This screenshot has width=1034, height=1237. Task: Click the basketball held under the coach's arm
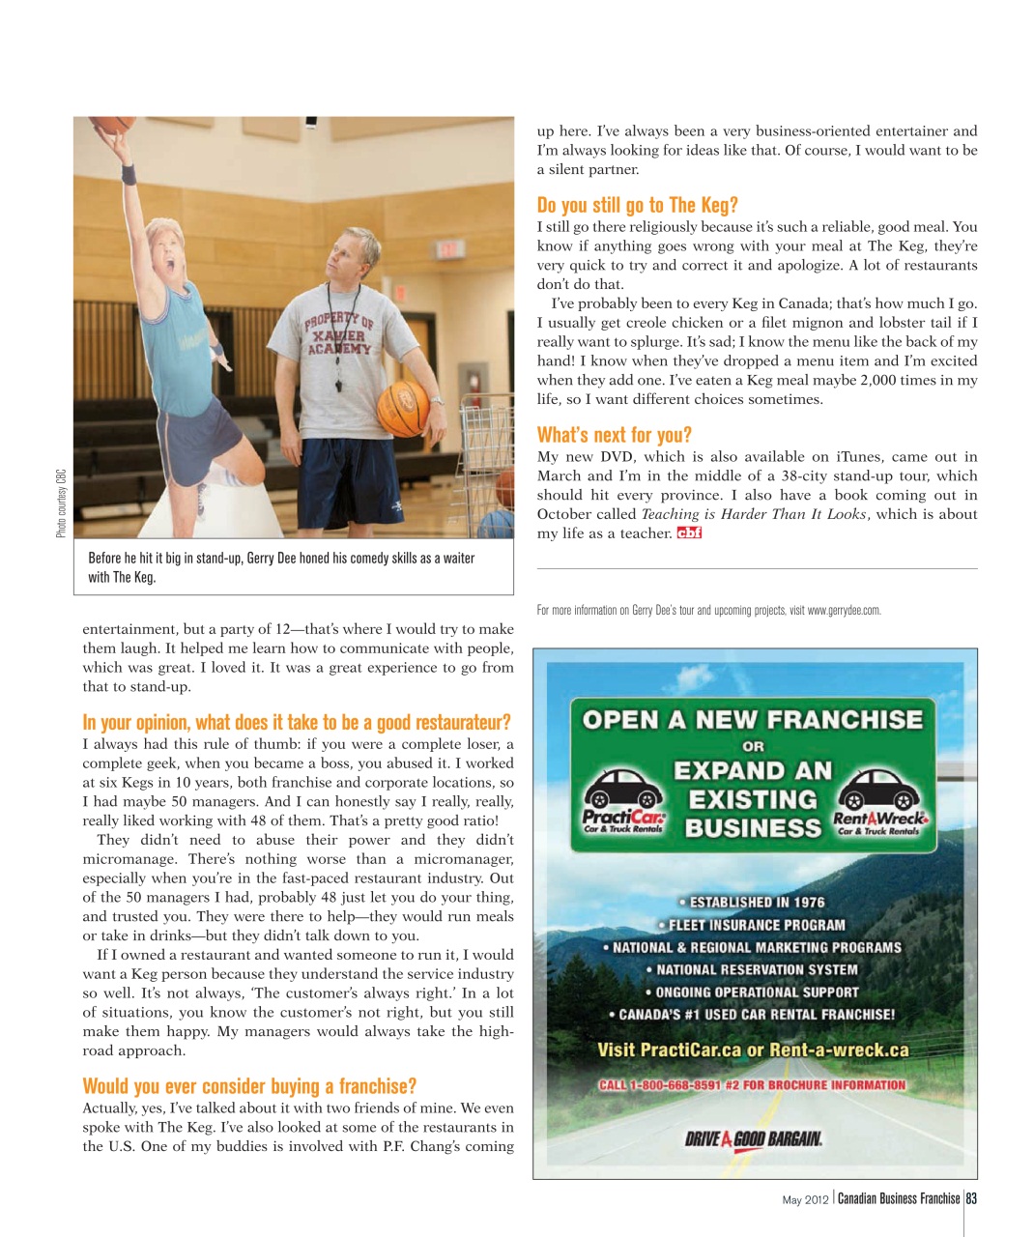coord(402,407)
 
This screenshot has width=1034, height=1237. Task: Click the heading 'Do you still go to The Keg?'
coord(637,205)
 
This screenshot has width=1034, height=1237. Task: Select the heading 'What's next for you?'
coord(614,435)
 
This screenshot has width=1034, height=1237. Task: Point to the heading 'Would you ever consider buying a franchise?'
coord(249,1086)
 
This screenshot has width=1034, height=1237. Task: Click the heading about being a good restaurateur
coord(296,723)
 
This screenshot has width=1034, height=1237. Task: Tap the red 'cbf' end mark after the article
coord(689,533)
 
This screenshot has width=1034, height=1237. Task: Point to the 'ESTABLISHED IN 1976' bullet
coord(752,903)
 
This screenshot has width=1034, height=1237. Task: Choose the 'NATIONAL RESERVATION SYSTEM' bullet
coord(752,969)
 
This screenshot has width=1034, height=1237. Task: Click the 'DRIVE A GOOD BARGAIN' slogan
coord(754,1138)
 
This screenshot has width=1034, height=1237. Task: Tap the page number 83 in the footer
coord(971,1199)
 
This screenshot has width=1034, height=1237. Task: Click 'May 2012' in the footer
coord(805,1200)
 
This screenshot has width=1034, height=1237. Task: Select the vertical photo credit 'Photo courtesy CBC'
coord(61,503)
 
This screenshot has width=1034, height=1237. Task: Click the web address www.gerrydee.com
coord(844,611)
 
